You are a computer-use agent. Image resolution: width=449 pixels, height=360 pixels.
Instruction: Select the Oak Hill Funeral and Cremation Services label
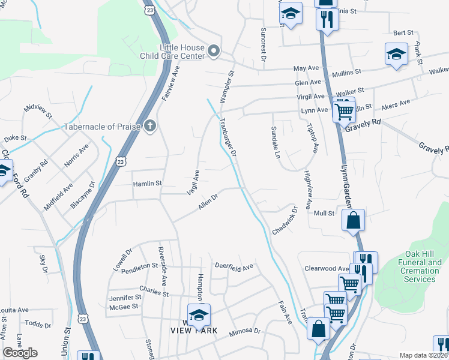(x=420, y=271)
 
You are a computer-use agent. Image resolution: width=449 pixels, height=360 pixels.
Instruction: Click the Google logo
(x=20, y=353)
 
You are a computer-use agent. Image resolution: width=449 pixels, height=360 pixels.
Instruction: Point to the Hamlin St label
(x=147, y=183)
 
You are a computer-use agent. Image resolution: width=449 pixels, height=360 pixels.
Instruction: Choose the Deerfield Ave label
(x=234, y=267)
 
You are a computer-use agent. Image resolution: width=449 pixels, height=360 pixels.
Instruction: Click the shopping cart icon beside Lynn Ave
(x=343, y=110)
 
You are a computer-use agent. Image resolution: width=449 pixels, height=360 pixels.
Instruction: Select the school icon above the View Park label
(x=199, y=314)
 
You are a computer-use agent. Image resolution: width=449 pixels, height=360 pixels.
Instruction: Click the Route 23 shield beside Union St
(x=83, y=318)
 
